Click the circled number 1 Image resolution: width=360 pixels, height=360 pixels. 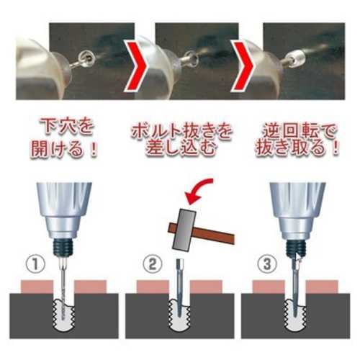pos(35,265)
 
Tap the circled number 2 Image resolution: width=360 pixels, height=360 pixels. pos(153,264)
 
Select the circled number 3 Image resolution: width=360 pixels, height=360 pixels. pos(267,264)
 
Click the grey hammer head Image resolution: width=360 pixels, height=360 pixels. pos(184,230)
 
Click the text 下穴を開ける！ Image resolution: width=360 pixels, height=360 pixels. pos(65,138)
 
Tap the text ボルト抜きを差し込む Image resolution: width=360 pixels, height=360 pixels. pos(181,139)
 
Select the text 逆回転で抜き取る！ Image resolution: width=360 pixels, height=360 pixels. pos(297,139)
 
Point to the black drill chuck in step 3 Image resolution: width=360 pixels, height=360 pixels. pos(295,248)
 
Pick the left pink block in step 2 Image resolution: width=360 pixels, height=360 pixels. pos(153,287)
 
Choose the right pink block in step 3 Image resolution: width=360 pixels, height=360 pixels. pos(323,287)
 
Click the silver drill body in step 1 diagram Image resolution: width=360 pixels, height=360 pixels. pos(63,211)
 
